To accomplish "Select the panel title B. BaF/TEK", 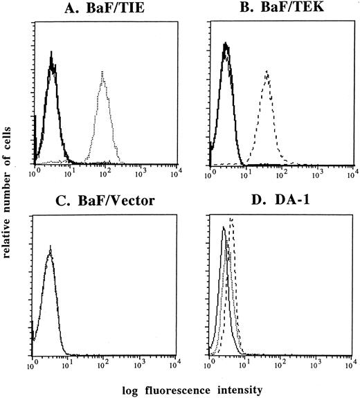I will tap(282, 9).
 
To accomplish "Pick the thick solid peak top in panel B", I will tap(226, 44).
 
